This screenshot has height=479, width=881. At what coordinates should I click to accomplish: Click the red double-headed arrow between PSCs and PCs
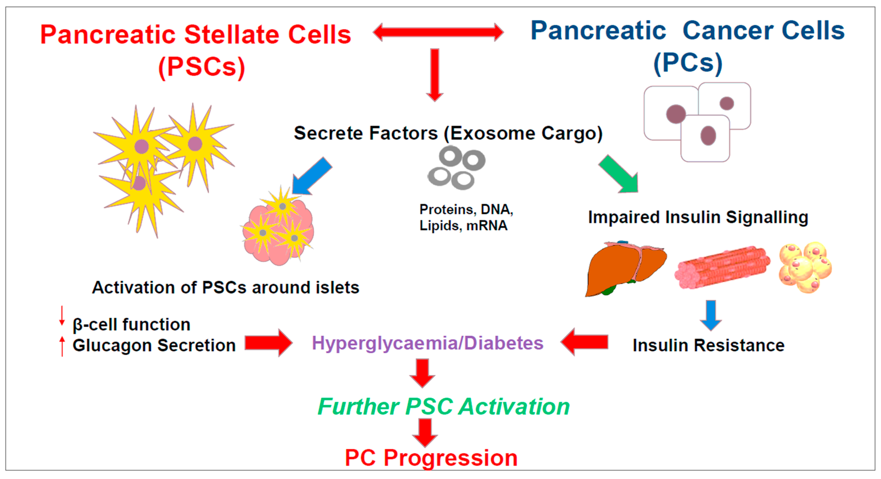coord(438,32)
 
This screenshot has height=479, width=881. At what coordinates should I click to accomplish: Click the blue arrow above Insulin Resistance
coord(711,315)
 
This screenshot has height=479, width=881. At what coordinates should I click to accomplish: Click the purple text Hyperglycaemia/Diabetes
coord(427,343)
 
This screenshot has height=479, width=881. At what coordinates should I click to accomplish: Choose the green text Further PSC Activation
coord(443,407)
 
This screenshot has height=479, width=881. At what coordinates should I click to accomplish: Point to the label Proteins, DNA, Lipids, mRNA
coord(466,217)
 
